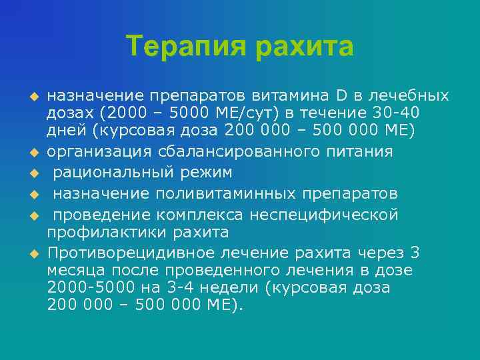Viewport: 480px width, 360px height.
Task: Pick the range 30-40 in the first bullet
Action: (x=397, y=113)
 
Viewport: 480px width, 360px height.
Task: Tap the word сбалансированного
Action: (x=233, y=151)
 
